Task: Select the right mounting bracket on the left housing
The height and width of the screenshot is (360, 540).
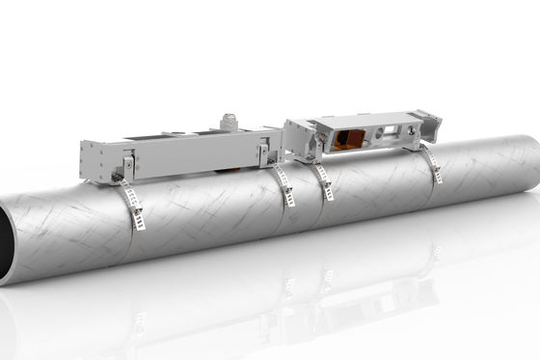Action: [x=266, y=154]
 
